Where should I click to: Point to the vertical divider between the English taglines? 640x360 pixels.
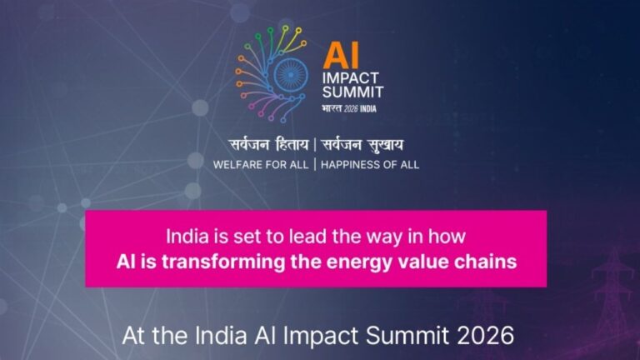click(314, 164)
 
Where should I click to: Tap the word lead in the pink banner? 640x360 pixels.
click(300, 234)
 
